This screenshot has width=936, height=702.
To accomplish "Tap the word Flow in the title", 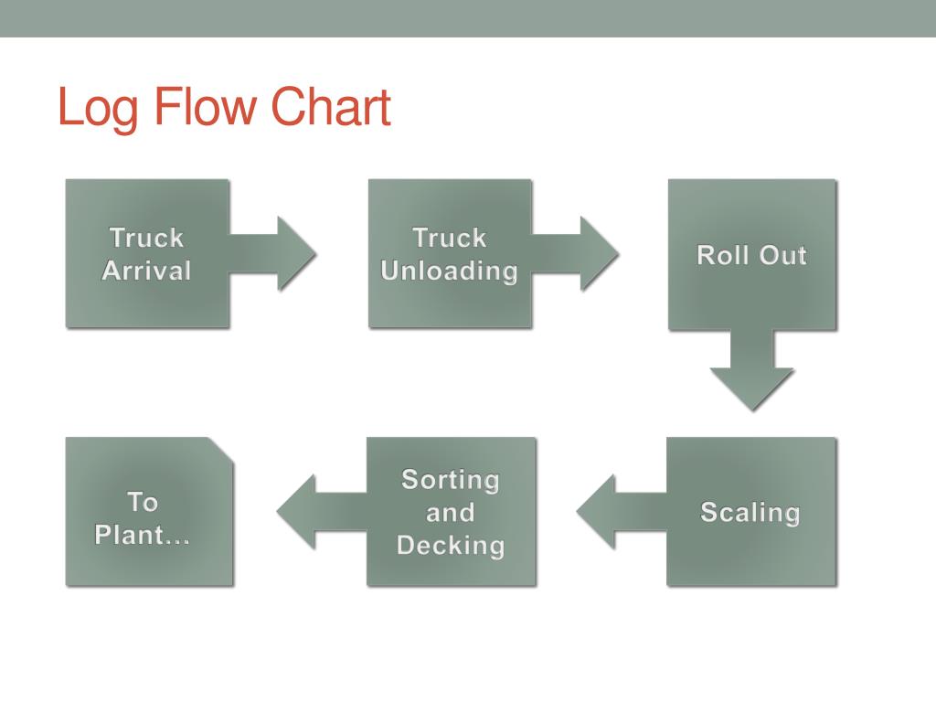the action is (205, 106).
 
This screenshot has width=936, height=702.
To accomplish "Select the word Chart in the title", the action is (331, 106).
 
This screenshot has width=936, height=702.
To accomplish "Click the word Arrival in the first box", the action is (147, 271).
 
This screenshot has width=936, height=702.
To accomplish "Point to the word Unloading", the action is (450, 271).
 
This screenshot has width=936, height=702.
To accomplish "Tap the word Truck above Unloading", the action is (450, 238).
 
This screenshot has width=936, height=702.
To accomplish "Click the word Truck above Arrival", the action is (147, 238).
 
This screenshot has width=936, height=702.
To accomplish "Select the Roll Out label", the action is (751, 255).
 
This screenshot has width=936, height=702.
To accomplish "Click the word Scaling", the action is (750, 513).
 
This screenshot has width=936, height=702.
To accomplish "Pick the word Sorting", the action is (451, 480).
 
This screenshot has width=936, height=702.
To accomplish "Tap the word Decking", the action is (452, 546).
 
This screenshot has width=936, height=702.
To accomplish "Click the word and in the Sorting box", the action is (451, 513).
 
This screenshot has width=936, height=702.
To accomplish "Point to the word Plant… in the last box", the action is (142, 535).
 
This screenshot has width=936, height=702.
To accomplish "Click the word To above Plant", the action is (143, 502).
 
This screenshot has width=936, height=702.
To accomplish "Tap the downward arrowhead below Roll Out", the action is (751, 389).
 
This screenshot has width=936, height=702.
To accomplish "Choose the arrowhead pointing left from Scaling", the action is (596, 512).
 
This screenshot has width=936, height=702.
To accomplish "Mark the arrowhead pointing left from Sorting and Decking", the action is (296, 512).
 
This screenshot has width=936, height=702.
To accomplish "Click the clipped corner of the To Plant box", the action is (221, 450).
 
